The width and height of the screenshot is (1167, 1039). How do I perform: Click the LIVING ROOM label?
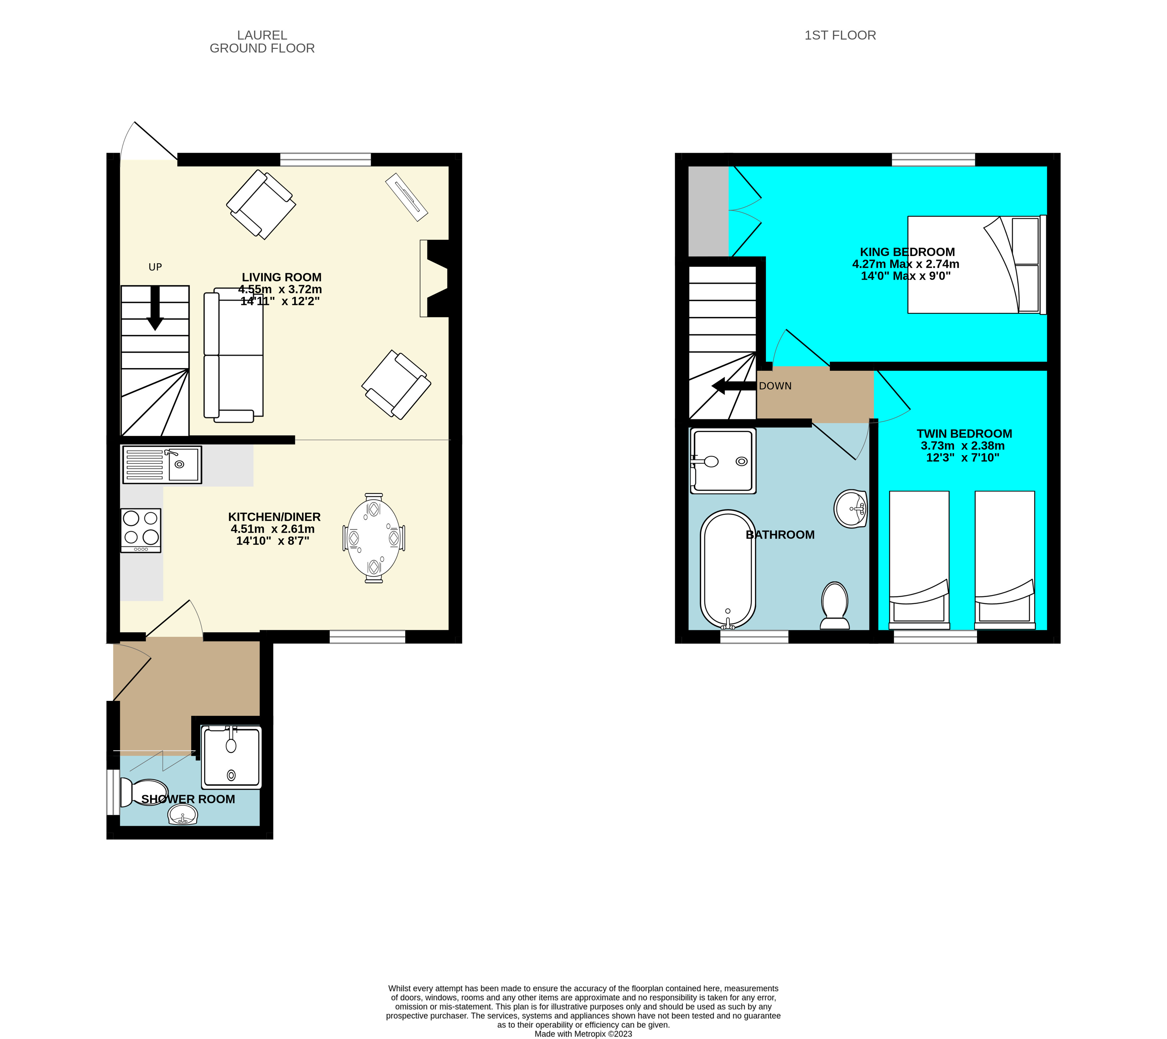tap(281, 277)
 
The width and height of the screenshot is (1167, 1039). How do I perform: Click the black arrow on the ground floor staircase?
tap(155, 308)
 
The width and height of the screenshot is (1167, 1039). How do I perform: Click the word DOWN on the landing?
tap(775, 386)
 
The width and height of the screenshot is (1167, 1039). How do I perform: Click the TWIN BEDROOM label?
tap(964, 434)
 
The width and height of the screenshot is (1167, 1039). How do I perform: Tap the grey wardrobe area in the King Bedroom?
tap(708, 211)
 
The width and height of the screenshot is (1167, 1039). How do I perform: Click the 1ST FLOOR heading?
tap(840, 35)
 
